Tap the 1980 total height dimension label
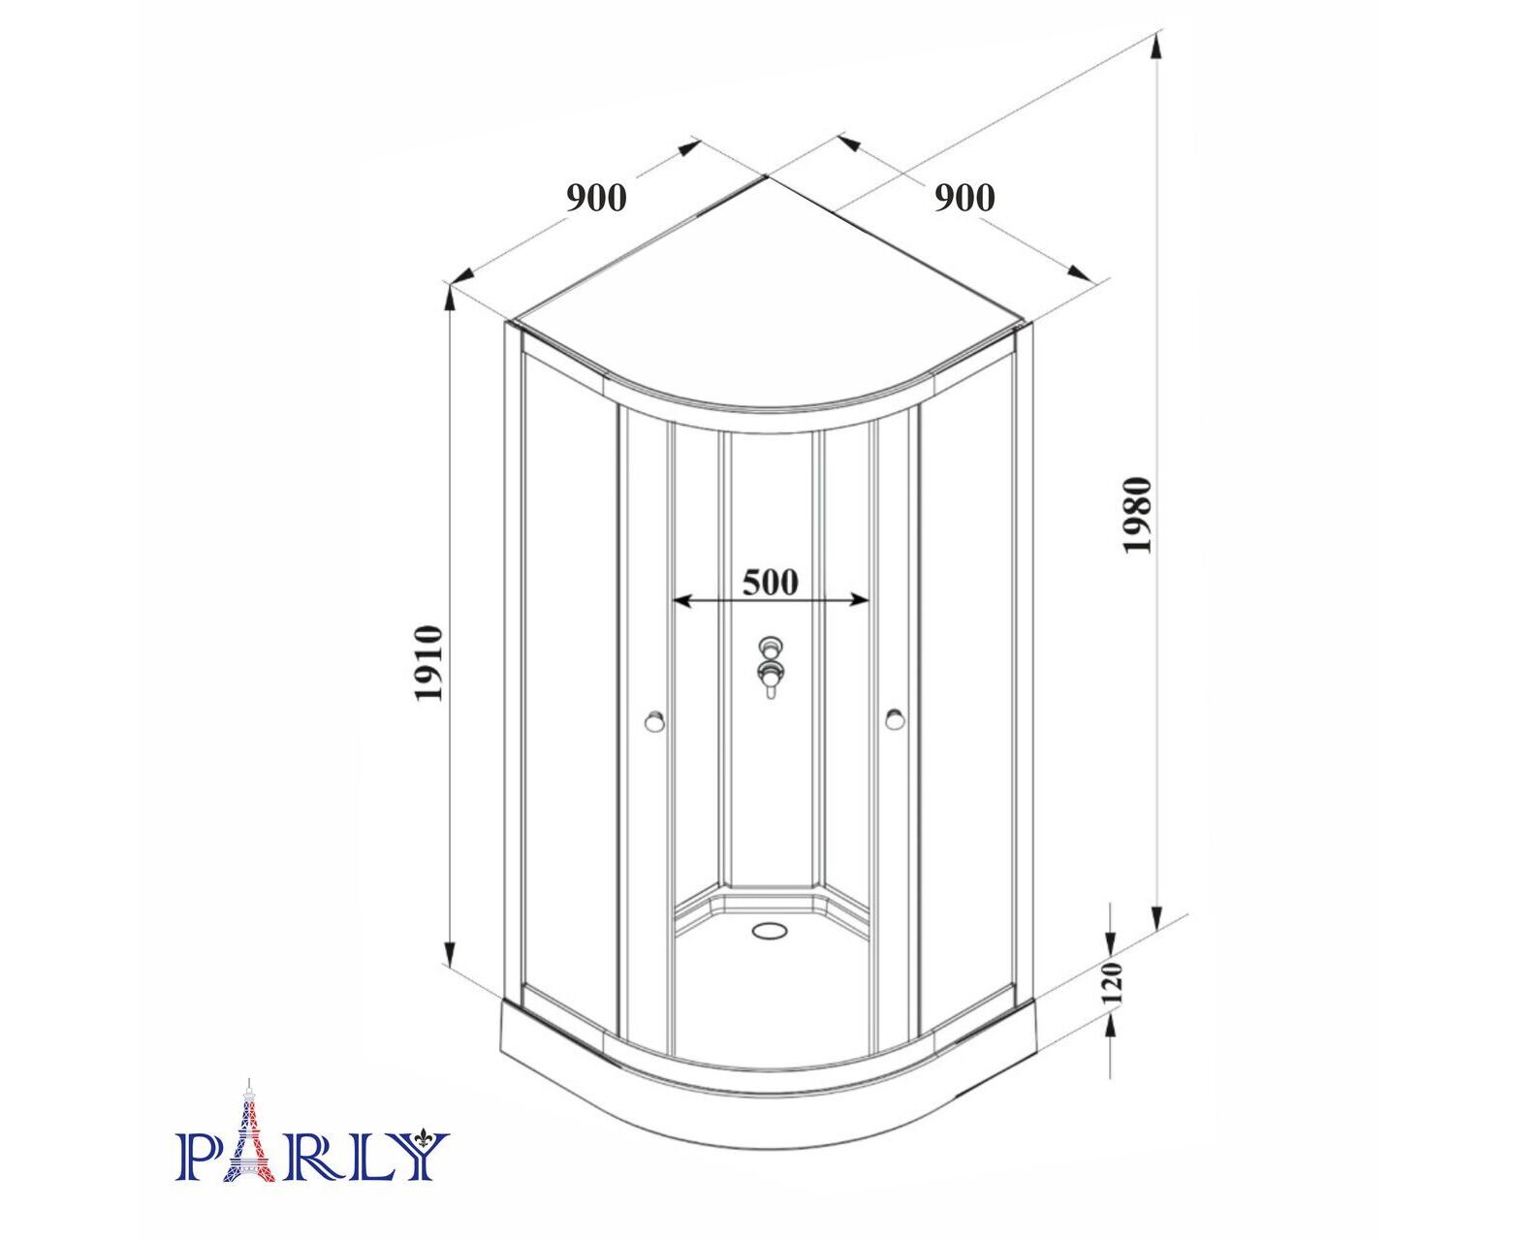(x=1138, y=515)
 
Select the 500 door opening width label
(x=771, y=582)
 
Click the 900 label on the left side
(x=596, y=197)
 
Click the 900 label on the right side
(x=964, y=197)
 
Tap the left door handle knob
(x=654, y=720)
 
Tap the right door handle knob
(x=896, y=718)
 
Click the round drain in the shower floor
(x=770, y=930)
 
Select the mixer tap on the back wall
(x=771, y=666)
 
